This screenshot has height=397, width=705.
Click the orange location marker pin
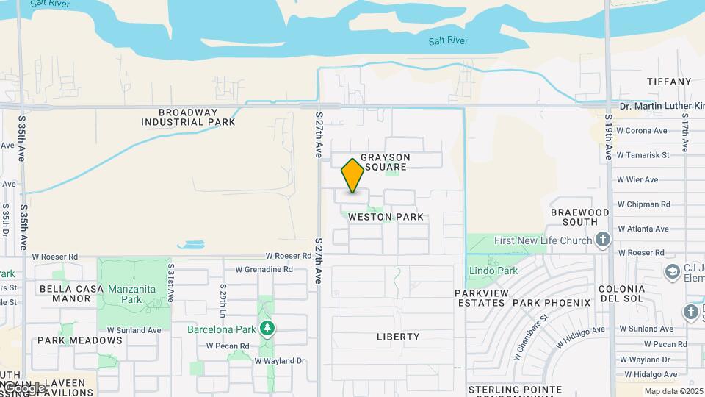353,176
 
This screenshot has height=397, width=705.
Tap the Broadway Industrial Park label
198,117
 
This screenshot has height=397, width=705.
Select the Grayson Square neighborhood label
386,162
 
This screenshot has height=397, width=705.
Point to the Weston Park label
386,217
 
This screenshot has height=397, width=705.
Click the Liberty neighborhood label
398,337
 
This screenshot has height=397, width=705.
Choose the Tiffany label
669,82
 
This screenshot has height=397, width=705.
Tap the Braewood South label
580,217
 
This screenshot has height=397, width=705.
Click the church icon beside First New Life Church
603,240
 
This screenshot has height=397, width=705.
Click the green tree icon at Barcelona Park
268,328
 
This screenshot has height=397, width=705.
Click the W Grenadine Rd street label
267,270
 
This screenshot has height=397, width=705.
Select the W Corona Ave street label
642,131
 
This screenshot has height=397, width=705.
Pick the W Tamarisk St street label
643,155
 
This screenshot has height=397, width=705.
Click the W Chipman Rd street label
644,204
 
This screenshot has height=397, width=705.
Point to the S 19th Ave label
610,137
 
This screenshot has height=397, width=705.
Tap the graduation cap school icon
672,272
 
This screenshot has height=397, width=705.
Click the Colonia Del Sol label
622,294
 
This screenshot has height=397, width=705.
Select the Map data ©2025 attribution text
673,391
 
